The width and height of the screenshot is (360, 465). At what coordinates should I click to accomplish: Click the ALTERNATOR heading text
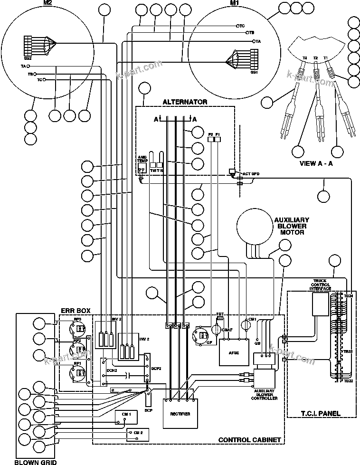tap(185, 102)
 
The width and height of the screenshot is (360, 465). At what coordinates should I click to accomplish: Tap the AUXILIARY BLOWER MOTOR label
tap(292, 226)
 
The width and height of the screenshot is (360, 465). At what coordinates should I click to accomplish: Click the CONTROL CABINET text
tap(249, 440)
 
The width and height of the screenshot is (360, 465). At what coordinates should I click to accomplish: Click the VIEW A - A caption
tap(316, 163)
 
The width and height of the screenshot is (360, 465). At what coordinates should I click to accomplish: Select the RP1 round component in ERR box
tap(76, 373)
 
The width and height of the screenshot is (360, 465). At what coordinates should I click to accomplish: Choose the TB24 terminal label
tap(348, 296)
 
